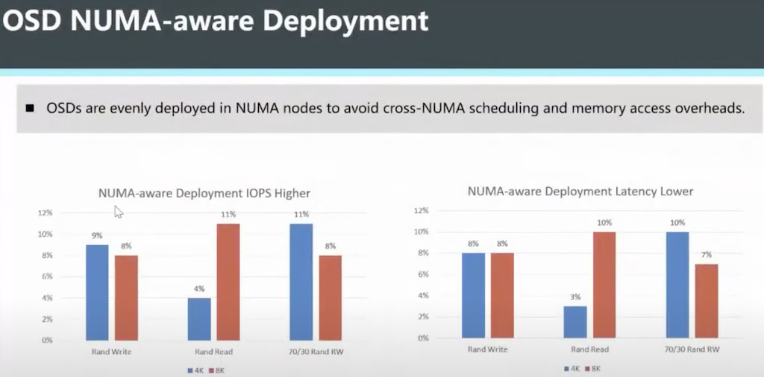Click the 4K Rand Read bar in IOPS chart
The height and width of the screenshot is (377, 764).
(x=199, y=319)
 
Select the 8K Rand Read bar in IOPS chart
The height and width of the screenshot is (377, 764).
(x=228, y=282)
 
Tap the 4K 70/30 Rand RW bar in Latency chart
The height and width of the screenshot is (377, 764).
(x=677, y=285)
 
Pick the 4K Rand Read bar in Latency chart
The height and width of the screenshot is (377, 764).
(x=574, y=322)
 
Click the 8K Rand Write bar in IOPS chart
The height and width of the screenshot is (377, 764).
(x=126, y=297)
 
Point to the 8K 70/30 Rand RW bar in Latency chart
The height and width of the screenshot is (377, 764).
(x=707, y=300)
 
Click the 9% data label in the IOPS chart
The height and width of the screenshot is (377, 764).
(x=97, y=235)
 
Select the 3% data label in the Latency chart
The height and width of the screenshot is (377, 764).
(x=574, y=297)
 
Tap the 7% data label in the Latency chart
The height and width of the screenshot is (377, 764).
(x=707, y=255)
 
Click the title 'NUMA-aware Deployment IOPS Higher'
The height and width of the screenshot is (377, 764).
(x=204, y=193)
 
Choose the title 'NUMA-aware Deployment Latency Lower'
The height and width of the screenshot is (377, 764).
(x=580, y=191)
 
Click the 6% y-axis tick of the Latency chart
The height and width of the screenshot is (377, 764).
(x=423, y=274)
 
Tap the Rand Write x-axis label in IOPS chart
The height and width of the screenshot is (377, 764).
(x=113, y=350)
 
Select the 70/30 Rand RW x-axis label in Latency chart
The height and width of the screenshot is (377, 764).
(x=692, y=349)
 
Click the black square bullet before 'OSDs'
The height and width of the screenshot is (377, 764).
(x=31, y=109)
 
